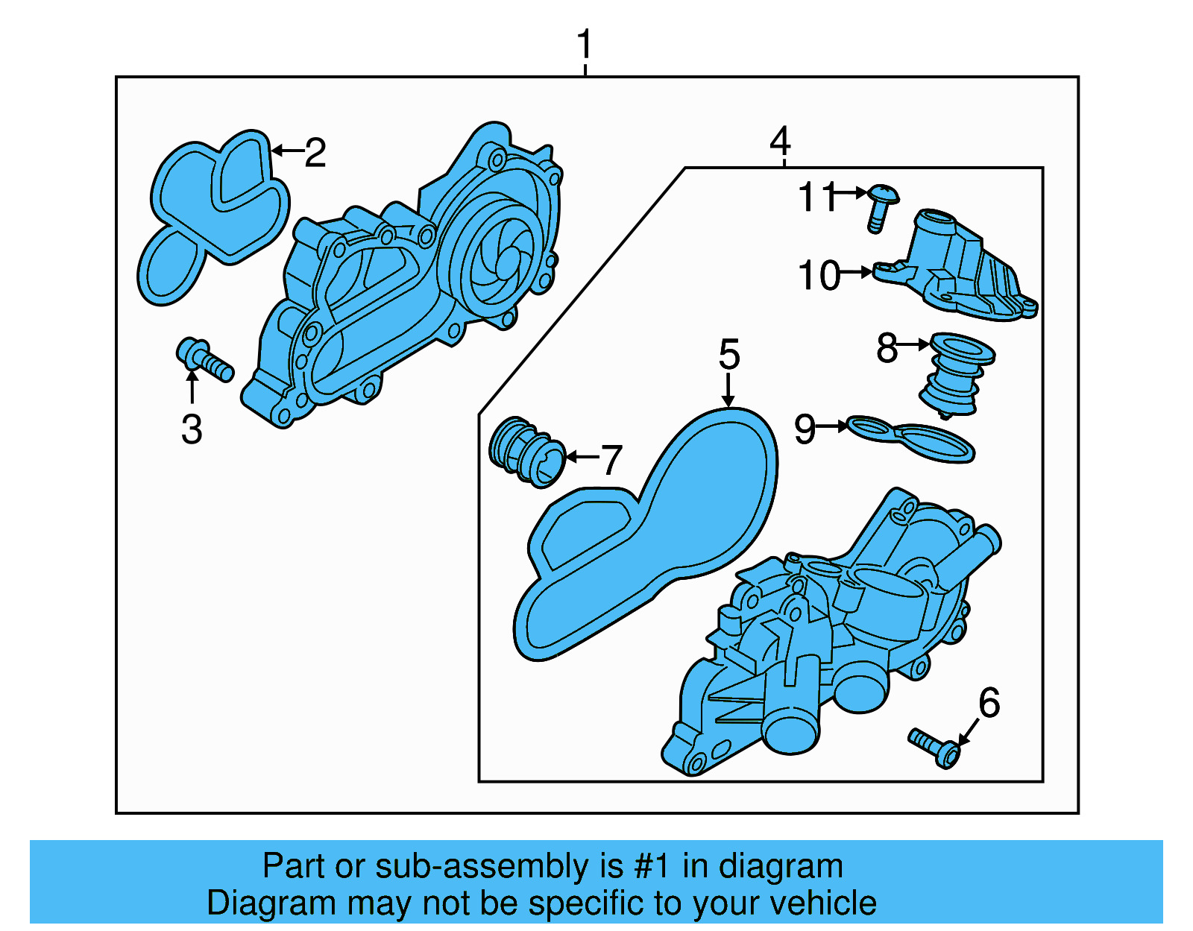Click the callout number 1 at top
585,45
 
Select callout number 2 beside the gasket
315,153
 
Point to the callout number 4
779,140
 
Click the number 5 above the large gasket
728,354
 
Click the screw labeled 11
881,206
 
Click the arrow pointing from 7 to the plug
582,456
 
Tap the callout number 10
818,276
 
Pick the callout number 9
804,429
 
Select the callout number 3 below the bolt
192,430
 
